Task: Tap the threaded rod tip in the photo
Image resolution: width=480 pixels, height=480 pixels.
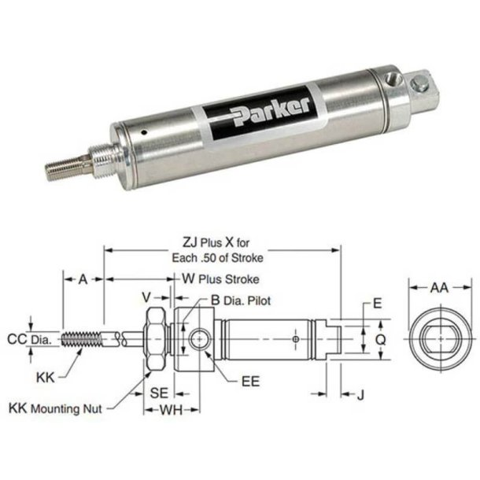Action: [59, 168]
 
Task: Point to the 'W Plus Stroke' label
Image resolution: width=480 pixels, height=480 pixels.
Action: [220, 279]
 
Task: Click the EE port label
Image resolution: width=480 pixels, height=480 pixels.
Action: [249, 382]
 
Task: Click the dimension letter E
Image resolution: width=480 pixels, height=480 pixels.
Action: [377, 301]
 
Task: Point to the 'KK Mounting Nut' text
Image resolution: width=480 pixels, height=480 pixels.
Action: [55, 408]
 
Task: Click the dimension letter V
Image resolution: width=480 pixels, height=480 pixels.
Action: [146, 297]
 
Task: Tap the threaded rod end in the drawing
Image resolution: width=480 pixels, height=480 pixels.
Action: [82, 340]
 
